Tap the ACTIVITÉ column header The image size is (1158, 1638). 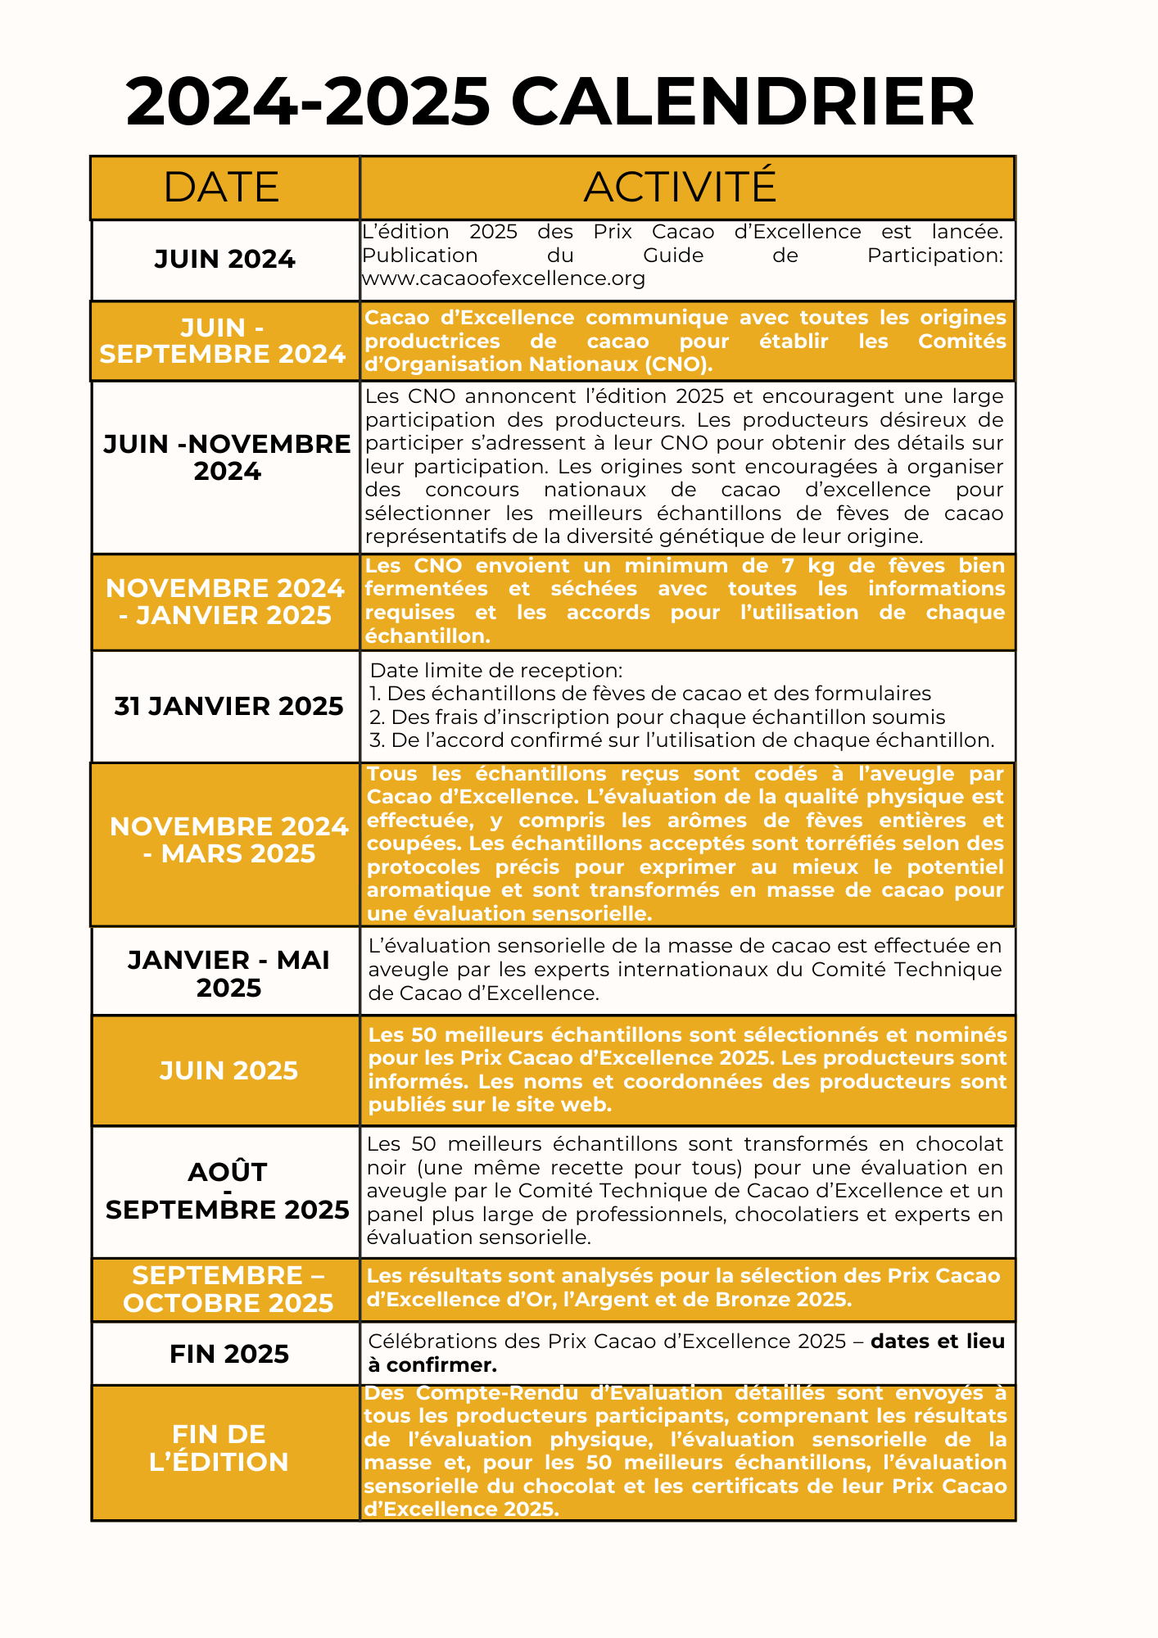click(x=680, y=187)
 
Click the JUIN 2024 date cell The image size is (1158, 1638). click(x=224, y=260)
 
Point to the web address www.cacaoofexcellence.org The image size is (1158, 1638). click(x=504, y=278)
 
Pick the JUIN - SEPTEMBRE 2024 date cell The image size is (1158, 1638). click(x=222, y=341)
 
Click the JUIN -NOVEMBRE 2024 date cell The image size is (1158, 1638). click(x=227, y=458)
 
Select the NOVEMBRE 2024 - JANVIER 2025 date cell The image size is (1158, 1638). click(x=225, y=602)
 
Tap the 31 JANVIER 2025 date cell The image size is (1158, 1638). click(x=228, y=706)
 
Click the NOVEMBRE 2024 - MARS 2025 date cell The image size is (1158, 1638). click(x=229, y=840)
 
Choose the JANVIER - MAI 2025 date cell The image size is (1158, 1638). click(x=228, y=974)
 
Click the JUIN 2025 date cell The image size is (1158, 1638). click(x=228, y=1070)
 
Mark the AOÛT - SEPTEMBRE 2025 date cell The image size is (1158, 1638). click(x=228, y=1191)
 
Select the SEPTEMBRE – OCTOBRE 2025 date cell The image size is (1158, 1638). click(x=228, y=1289)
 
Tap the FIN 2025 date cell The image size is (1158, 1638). click(x=229, y=1354)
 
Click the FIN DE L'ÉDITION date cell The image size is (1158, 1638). click(x=219, y=1448)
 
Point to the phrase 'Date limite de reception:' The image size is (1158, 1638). click(x=496, y=671)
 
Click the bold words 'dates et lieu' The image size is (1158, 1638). click(x=938, y=1342)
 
